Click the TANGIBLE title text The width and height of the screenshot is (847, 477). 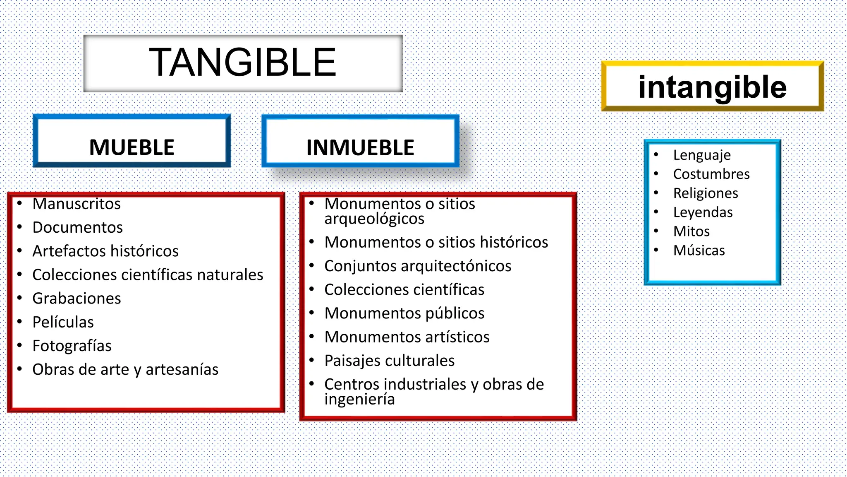point(242,63)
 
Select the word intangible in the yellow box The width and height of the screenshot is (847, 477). point(712,87)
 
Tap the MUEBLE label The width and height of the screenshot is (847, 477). point(132,147)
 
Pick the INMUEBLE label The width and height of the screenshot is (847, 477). point(360,148)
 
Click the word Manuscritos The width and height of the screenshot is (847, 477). point(77,204)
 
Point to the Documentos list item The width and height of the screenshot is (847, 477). point(77,227)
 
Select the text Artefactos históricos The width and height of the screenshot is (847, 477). point(105,251)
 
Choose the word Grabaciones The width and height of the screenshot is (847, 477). point(77,298)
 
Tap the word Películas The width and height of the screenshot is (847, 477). point(63,322)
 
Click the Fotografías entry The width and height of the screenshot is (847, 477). point(72,346)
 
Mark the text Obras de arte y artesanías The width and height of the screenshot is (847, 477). point(125,369)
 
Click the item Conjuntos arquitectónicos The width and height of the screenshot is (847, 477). point(418,266)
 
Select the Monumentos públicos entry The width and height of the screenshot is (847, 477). point(404,313)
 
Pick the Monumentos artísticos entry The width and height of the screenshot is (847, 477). point(407,337)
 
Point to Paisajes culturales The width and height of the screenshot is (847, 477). point(389,361)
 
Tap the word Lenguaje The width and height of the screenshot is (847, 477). point(702,155)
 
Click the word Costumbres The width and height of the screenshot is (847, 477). point(711,174)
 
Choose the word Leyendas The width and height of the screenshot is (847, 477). point(703,212)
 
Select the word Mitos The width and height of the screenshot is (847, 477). point(691,231)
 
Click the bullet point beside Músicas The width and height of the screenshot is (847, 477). point(656,250)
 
